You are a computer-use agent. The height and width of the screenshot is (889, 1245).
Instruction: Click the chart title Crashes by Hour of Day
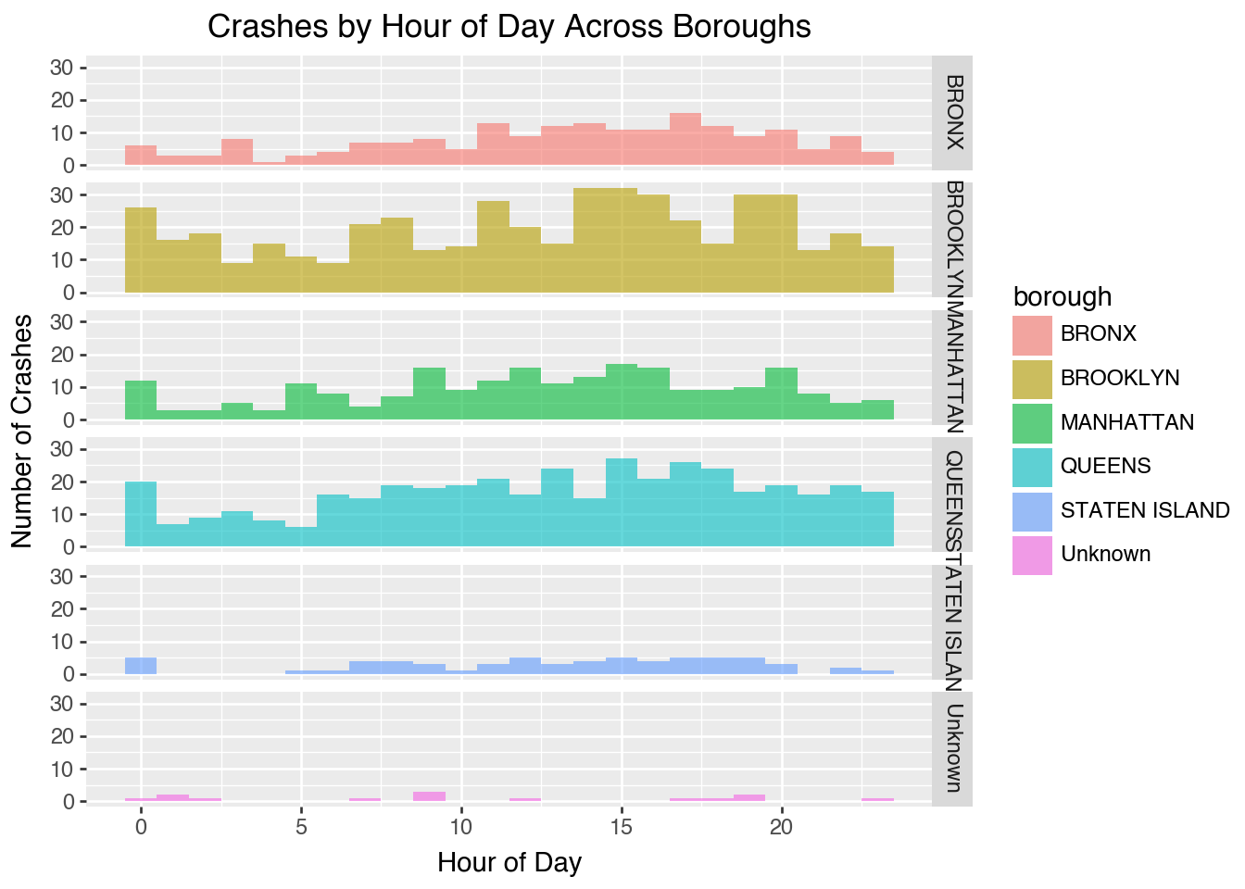509,27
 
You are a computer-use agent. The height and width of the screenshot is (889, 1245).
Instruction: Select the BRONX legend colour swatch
1032,334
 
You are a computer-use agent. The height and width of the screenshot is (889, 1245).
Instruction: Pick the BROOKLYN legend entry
1120,378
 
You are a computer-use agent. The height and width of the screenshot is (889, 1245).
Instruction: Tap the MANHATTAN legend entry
1126,422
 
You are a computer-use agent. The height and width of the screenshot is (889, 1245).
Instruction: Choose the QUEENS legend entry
1105,466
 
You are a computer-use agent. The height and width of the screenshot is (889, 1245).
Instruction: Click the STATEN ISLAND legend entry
1145,510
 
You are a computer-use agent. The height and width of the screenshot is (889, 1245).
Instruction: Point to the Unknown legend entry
1105,554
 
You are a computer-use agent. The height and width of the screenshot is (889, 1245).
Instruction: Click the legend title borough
1062,296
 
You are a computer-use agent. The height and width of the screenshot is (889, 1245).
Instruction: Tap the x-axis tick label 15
622,826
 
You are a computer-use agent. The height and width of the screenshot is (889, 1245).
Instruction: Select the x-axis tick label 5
301,826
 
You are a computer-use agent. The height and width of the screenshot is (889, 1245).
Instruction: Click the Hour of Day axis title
509,863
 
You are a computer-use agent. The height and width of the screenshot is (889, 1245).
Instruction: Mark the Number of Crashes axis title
22,431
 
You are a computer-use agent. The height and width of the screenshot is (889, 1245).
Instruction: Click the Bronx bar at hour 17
685,139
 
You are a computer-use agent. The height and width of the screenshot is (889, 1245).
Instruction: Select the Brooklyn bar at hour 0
141,250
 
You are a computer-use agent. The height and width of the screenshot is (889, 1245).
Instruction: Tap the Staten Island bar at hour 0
141,666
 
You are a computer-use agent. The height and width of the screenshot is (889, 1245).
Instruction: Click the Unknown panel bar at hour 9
429,796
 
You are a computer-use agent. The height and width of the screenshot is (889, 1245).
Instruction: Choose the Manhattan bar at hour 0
141,400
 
